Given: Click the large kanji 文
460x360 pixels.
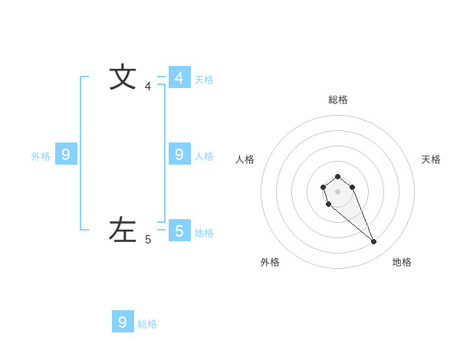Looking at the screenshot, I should (x=123, y=77).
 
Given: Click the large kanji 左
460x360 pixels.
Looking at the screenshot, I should (x=123, y=230).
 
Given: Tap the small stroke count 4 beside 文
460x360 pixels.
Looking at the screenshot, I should (x=148, y=87).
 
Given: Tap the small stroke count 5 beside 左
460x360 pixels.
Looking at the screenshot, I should (x=148, y=240).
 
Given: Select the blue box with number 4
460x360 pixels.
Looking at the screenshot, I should (x=179, y=77).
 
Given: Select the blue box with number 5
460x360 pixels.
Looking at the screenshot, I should (x=179, y=231).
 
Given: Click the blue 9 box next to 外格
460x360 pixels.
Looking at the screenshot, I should (x=66, y=155).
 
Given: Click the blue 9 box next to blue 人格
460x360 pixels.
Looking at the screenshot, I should (x=179, y=155).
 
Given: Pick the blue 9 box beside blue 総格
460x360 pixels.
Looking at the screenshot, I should (x=123, y=322).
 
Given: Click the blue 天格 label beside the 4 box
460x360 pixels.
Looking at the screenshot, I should (x=204, y=80).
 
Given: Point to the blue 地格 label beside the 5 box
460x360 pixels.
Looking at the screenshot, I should (x=204, y=233).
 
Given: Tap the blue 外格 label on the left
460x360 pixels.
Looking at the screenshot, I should (x=41, y=156).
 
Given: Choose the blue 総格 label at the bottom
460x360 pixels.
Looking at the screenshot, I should (x=147, y=324).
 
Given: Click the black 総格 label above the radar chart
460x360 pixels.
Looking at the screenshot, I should (x=338, y=100).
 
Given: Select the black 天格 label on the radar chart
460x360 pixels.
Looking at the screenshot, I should (x=431, y=159).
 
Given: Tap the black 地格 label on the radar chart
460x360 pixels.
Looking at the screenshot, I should (x=402, y=262).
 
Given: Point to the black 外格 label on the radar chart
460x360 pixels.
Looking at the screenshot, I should (x=270, y=262).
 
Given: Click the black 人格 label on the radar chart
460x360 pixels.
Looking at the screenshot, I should (x=245, y=159).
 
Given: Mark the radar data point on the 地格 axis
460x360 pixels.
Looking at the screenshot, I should (x=374, y=242).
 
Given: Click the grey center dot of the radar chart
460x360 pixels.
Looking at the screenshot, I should (x=337, y=191).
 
